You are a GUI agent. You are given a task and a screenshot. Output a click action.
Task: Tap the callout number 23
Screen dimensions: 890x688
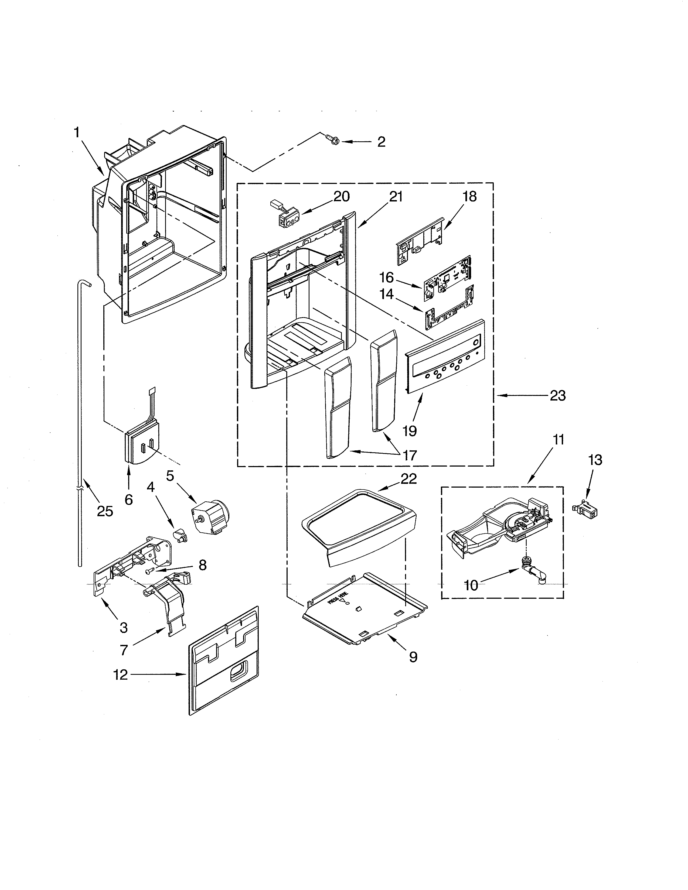point(558,395)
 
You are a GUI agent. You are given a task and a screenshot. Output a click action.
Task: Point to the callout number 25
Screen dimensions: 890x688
point(105,511)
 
